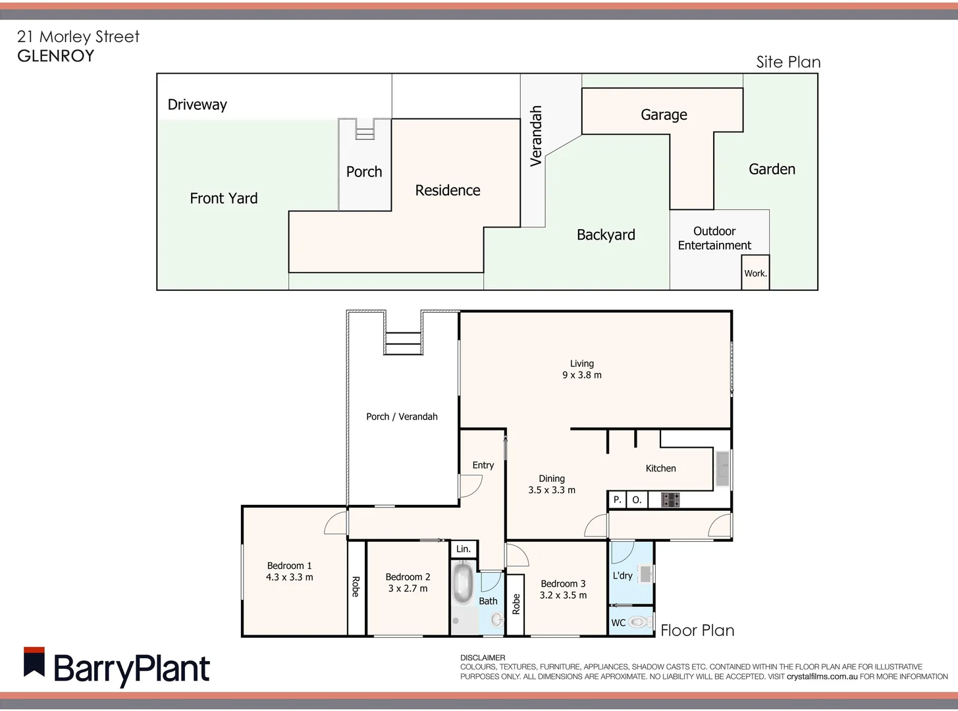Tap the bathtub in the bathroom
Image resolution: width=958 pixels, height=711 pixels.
[x=463, y=583]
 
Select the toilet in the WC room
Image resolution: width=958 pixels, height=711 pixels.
[x=637, y=621]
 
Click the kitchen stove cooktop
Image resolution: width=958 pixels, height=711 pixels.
[x=670, y=500]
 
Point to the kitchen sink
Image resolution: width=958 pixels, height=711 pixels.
[x=722, y=467]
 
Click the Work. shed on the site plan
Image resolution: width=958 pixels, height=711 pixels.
[x=755, y=273]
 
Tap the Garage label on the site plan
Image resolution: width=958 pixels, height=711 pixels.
[x=664, y=115]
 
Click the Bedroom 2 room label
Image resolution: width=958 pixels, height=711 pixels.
[x=408, y=577]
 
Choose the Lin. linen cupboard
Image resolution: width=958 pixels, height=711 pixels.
[x=464, y=549]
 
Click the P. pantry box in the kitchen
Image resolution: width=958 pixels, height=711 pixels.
[x=617, y=500]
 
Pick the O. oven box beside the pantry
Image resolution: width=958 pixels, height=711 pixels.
[x=637, y=500]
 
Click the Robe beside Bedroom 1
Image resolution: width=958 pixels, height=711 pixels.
[x=356, y=587]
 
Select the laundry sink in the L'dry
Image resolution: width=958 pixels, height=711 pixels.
[x=645, y=573]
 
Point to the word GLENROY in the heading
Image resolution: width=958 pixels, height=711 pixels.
[x=56, y=56]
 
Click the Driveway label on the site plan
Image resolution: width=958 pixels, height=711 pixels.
[x=197, y=105]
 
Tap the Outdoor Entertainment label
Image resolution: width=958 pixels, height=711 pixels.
[x=714, y=238]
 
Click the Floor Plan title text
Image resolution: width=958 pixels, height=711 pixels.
[x=697, y=631]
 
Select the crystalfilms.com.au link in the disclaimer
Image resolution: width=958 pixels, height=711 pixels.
[x=822, y=676]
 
